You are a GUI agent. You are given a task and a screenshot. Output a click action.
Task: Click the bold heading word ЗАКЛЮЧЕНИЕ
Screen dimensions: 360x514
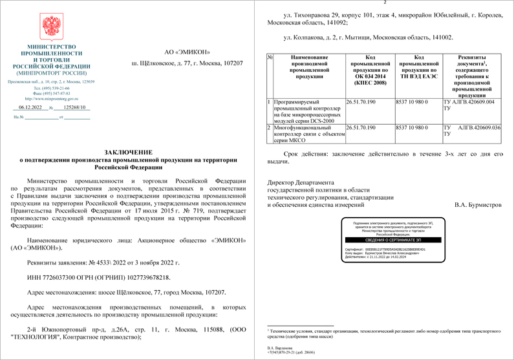pos(127,150)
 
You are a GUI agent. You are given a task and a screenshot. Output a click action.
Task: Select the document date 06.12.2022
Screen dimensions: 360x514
pos(30,108)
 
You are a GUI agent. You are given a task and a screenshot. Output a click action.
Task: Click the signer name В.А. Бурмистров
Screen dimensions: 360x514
pos(478,205)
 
